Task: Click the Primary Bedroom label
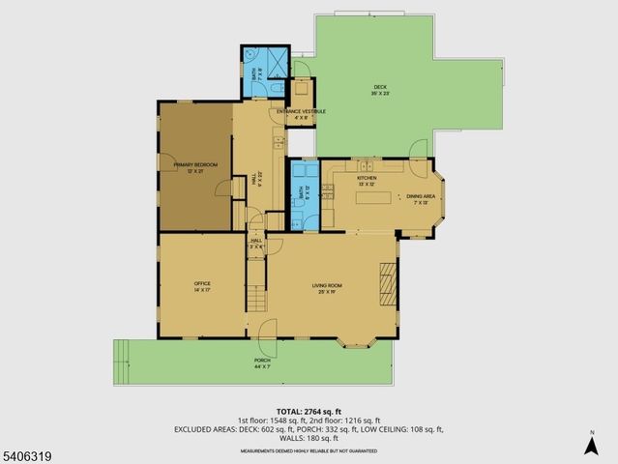(x=195, y=167)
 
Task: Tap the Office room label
(x=202, y=285)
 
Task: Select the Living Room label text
(x=327, y=287)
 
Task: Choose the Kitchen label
(x=367, y=180)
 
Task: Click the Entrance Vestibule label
(x=301, y=113)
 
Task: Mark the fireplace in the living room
(x=388, y=283)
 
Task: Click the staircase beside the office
(x=257, y=291)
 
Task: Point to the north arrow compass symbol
(x=590, y=443)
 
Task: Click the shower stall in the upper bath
(x=277, y=62)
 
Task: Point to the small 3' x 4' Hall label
(x=256, y=244)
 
